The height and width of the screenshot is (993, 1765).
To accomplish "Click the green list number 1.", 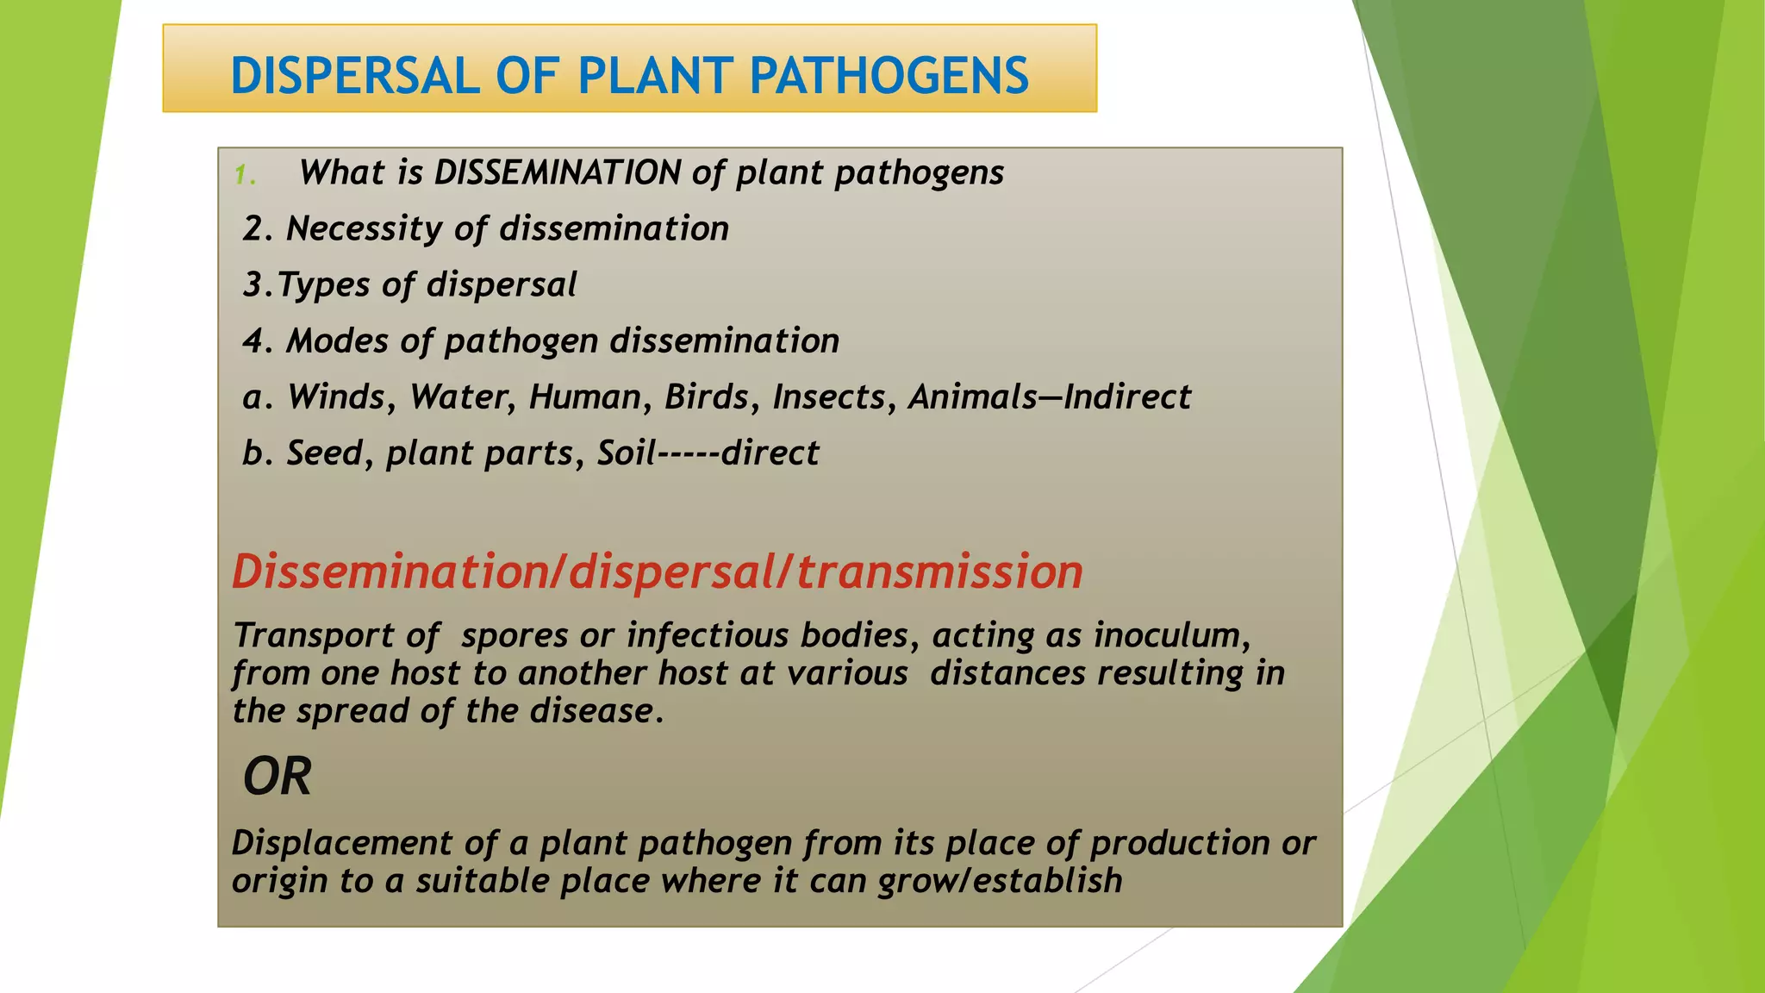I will [x=243, y=176].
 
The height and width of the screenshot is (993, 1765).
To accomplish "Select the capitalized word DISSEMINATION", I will [x=558, y=172].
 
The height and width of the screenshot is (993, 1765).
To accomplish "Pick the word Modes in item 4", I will [x=337, y=341].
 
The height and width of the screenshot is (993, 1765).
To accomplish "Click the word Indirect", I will [x=1126, y=397].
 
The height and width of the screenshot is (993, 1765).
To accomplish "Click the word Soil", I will [x=627, y=453].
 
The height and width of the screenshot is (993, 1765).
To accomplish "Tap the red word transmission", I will [x=939, y=572].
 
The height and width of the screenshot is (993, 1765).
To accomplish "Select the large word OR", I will [x=277, y=777].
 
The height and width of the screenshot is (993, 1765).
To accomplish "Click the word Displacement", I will [x=341, y=843].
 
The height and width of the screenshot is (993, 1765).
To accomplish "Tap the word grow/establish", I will [x=1000, y=882].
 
